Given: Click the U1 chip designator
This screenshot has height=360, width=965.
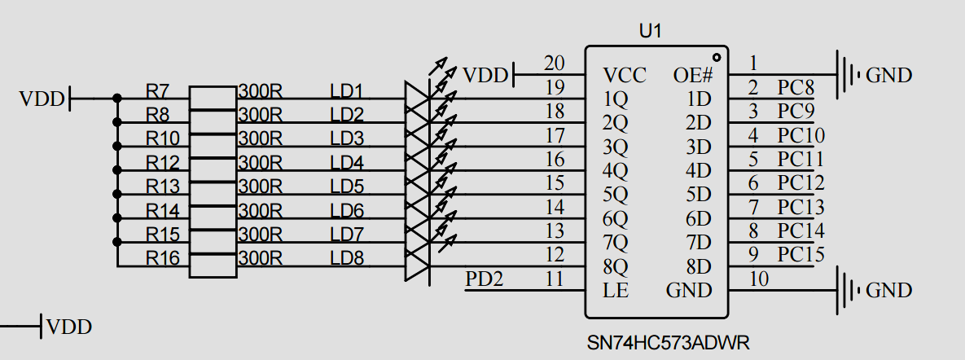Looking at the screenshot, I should click(x=650, y=32).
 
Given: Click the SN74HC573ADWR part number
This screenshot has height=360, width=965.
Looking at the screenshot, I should click(x=668, y=341).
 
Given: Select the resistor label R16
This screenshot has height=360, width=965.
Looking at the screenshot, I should click(x=161, y=258).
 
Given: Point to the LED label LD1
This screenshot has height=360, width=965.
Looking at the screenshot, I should click(x=346, y=90).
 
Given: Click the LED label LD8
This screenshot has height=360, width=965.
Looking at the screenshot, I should click(x=346, y=258).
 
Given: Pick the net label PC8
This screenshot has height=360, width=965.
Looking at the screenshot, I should click(x=796, y=87).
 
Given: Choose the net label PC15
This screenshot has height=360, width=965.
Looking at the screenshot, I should click(x=801, y=255).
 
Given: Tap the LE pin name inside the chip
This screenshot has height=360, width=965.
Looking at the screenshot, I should click(x=616, y=290).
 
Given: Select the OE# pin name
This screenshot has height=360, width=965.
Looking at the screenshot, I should click(x=693, y=76).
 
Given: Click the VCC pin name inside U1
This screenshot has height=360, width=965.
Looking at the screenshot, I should click(x=625, y=76).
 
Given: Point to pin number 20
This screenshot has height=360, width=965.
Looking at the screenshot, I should click(x=554, y=64).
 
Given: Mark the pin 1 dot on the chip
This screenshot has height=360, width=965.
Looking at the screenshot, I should click(x=716, y=57).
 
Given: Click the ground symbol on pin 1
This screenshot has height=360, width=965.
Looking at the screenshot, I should click(x=848, y=75).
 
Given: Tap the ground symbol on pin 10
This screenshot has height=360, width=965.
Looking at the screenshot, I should click(x=848, y=290).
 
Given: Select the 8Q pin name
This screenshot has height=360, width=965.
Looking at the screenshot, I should click(x=616, y=266).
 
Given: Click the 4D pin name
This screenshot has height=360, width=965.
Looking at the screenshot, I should click(x=699, y=171).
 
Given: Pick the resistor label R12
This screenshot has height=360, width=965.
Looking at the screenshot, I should click(x=161, y=162).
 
